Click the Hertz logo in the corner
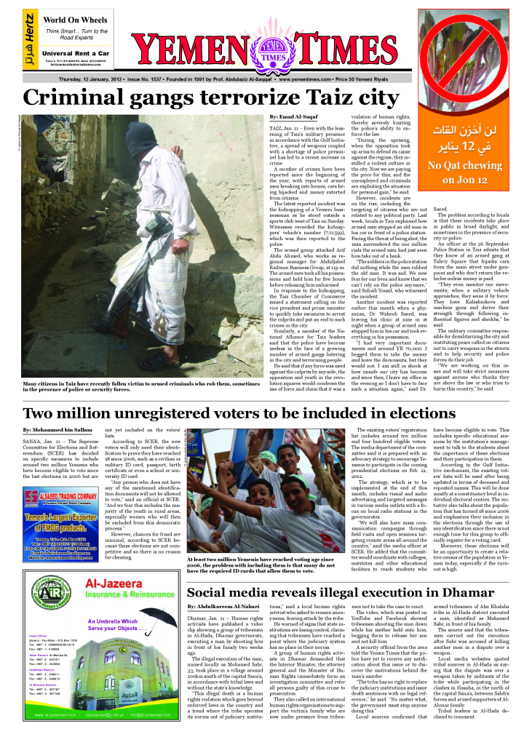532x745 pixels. [x=29, y=40]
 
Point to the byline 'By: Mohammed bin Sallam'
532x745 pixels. [x=52, y=431]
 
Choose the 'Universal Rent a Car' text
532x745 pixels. [x=76, y=54]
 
